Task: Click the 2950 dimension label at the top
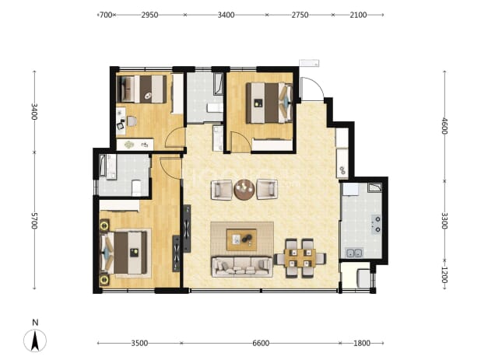[149, 15]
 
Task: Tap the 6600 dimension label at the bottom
[261, 343]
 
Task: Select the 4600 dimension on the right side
[444, 126]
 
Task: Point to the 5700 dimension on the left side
[34, 221]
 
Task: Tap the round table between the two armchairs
[244, 190]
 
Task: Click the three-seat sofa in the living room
[242, 267]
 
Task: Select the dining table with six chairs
[300, 258]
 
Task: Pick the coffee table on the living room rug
[241, 239]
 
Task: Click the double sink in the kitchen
[355, 253]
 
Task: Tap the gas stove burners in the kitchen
[377, 224]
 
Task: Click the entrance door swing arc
[316, 85]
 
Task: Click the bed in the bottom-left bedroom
[124, 253]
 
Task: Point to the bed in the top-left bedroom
[142, 89]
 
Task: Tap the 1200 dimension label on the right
[444, 275]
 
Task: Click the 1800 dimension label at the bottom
[362, 343]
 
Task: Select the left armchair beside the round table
[222, 190]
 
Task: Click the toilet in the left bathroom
[136, 187]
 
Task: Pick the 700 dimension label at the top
[106, 15]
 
